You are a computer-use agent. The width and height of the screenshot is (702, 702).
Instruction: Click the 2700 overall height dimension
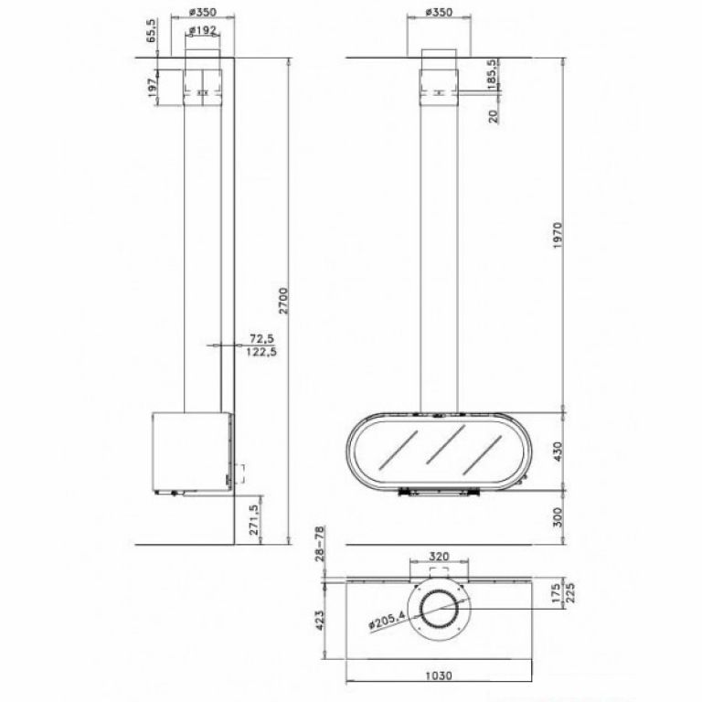pyautogui.click(x=284, y=301)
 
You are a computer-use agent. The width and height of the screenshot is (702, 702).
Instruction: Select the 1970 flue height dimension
pyautogui.click(x=558, y=236)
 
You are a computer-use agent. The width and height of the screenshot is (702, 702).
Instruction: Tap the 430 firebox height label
pyautogui.click(x=558, y=452)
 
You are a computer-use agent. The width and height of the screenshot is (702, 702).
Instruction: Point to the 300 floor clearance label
pyautogui.click(x=558, y=517)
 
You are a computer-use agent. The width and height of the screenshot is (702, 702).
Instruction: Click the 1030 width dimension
pyautogui.click(x=439, y=675)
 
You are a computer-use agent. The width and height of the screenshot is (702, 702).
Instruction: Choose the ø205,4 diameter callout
pyautogui.click(x=387, y=621)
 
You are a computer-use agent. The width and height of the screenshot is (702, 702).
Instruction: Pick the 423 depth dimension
pyautogui.click(x=320, y=621)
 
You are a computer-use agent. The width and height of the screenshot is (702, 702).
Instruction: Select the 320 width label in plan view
pyautogui.click(x=439, y=557)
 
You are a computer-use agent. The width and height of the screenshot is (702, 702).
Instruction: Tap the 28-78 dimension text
pyautogui.click(x=320, y=544)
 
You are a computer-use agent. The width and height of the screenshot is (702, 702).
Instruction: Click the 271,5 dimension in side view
pyautogui.click(x=254, y=520)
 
